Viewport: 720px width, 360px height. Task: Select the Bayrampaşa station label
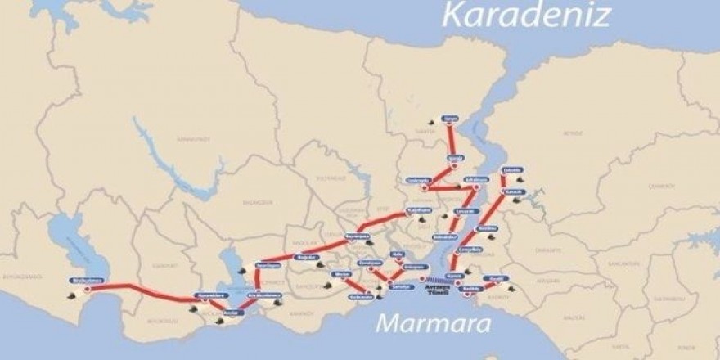[x=357, y=236]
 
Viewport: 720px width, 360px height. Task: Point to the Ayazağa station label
[x=455, y=158]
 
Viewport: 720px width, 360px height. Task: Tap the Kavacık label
[x=514, y=191]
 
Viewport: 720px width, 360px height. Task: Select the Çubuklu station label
[x=513, y=170]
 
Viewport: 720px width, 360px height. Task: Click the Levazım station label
[x=465, y=210]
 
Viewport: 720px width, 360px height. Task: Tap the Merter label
[x=343, y=275]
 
